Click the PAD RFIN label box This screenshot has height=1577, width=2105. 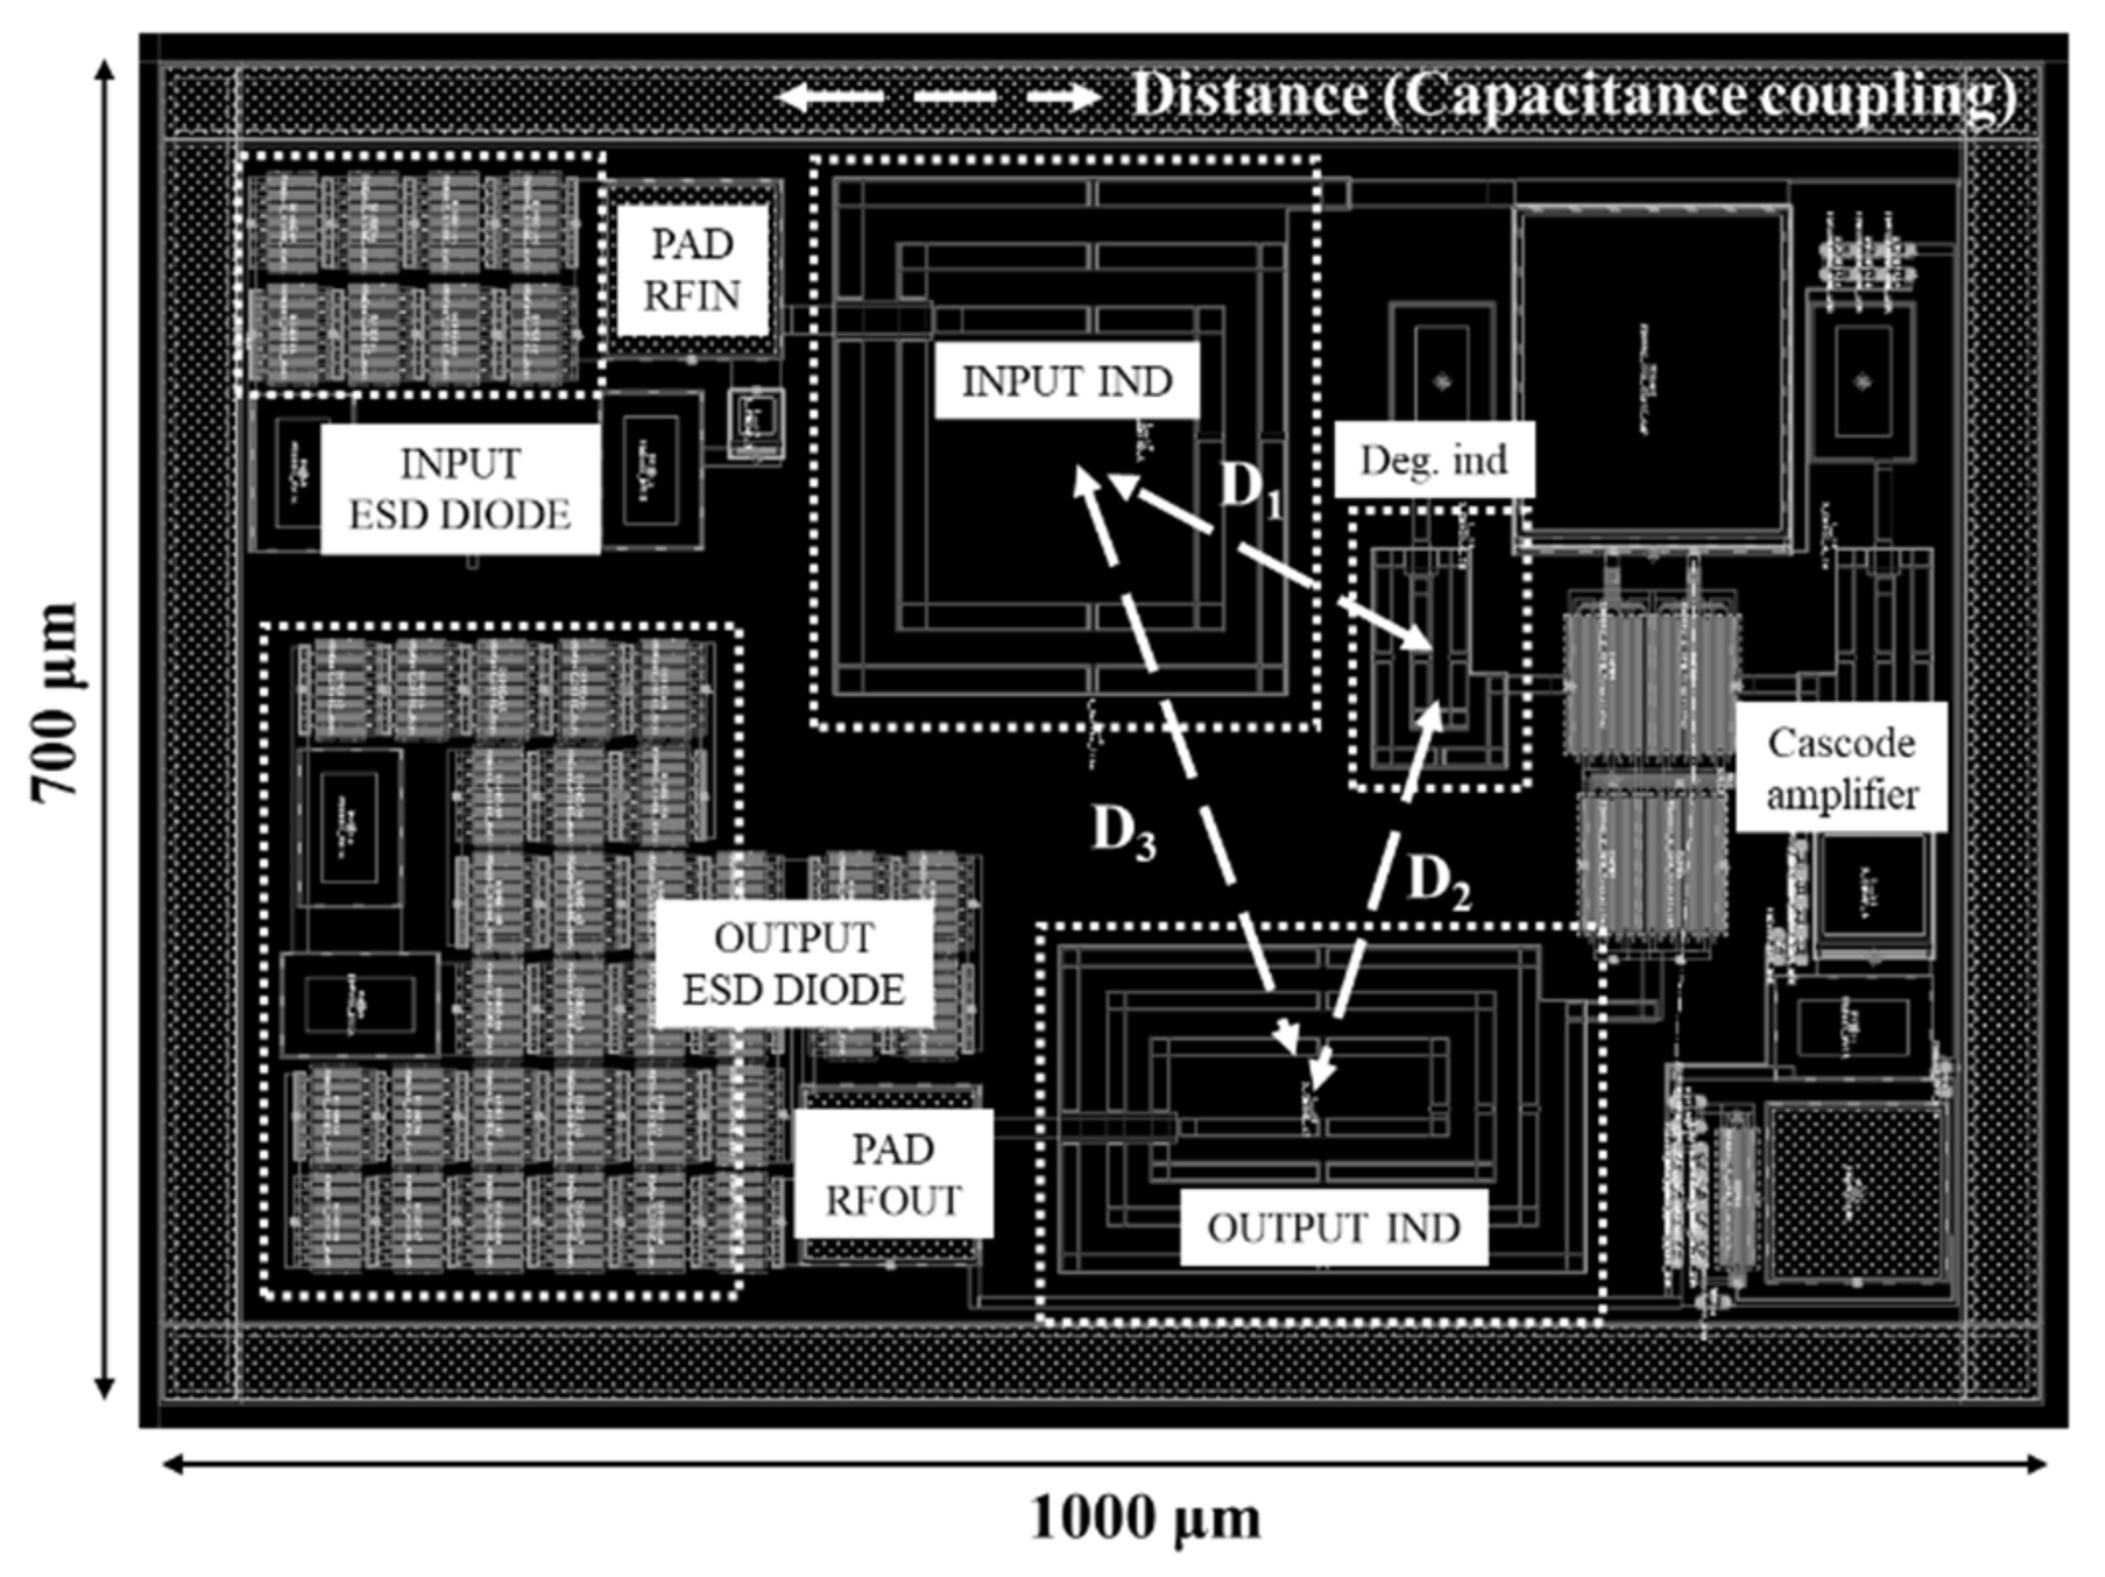(692, 269)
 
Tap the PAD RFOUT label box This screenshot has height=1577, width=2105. (893, 1174)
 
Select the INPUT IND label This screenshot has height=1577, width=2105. (1067, 381)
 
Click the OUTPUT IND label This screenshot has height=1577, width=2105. (1333, 1229)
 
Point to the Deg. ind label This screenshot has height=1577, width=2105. (1434, 460)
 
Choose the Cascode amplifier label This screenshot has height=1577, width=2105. (1841, 768)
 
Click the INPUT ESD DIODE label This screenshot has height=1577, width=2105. (460, 489)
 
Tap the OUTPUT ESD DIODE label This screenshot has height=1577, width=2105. (794, 963)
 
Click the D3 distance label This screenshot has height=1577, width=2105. (1123, 832)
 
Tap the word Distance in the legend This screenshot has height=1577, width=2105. (1249, 96)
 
